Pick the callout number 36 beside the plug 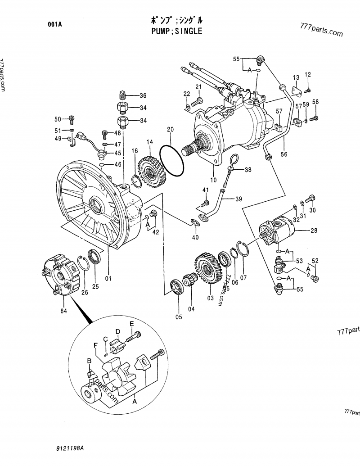tap(143, 95)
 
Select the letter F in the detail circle tap(95, 345)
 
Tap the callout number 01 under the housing tap(108, 278)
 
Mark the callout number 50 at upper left tap(58, 119)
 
